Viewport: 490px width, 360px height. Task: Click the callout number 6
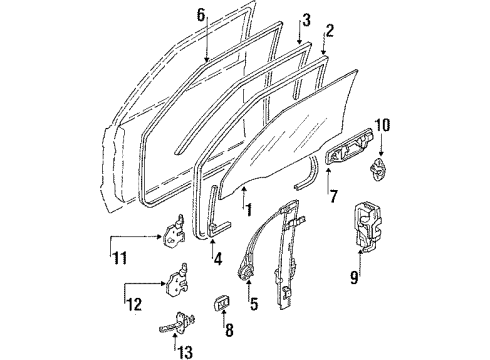point(201,15)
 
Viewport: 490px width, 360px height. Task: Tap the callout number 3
point(306,20)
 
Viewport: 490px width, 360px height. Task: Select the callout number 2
point(329,30)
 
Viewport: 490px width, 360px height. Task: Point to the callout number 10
point(383,126)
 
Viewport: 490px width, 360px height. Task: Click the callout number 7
point(334,196)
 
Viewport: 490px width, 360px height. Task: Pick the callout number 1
point(248,210)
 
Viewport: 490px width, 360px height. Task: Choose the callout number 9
point(354,277)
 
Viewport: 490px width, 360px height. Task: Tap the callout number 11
point(120,258)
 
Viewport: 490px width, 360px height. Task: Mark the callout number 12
point(134,304)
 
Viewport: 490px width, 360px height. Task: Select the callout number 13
point(185,352)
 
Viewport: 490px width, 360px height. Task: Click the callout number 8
point(229,330)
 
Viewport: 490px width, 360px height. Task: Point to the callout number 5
point(254,304)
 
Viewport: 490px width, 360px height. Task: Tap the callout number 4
point(218,258)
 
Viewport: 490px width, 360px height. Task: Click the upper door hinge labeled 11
point(174,232)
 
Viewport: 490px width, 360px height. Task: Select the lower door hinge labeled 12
point(176,280)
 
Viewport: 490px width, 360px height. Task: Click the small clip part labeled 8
point(221,302)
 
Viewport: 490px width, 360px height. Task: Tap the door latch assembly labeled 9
point(368,226)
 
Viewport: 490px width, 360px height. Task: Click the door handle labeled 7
point(349,146)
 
